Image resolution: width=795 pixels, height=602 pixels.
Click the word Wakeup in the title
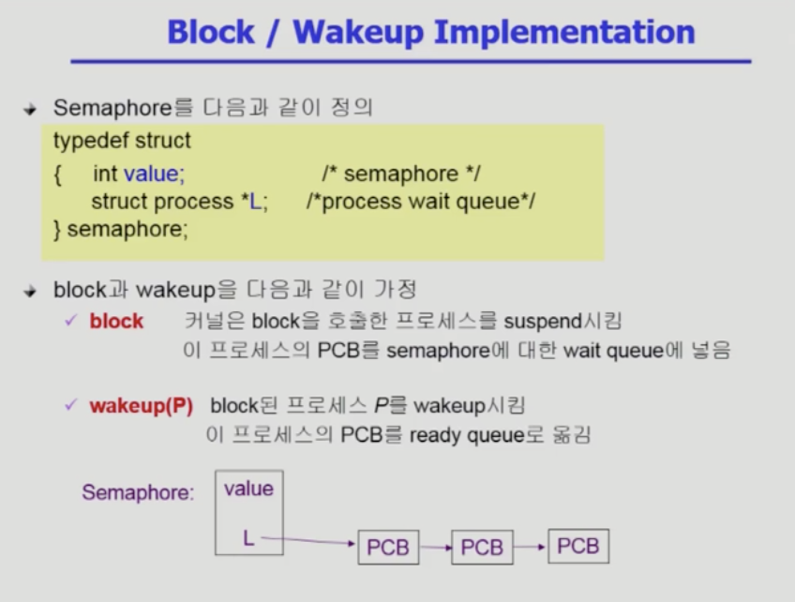click(x=358, y=33)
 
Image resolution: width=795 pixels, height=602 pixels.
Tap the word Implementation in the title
click(x=564, y=33)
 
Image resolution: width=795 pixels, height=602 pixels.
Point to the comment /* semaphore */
click(x=401, y=174)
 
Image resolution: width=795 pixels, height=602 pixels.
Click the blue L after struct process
click(x=256, y=202)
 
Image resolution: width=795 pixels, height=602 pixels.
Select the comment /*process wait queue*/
click(x=420, y=202)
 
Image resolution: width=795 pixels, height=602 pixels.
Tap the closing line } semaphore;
click(x=121, y=229)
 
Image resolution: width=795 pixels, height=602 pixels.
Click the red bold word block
click(x=116, y=321)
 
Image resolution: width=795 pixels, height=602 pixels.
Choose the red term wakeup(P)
click(x=142, y=406)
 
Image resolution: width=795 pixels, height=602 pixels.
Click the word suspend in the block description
click(x=544, y=322)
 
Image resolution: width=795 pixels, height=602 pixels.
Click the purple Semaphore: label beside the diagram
click(x=138, y=492)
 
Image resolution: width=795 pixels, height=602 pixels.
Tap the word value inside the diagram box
click(x=248, y=489)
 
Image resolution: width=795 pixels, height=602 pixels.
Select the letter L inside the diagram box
click(x=248, y=538)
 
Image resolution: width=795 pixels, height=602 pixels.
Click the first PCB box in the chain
click(x=388, y=548)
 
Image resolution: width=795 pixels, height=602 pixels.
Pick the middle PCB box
click(x=482, y=548)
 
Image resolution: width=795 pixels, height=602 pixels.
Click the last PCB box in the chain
click(x=578, y=547)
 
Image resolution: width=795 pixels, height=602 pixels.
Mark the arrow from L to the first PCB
click(x=308, y=541)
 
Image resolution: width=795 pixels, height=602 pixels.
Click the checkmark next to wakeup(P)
click(x=71, y=405)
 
